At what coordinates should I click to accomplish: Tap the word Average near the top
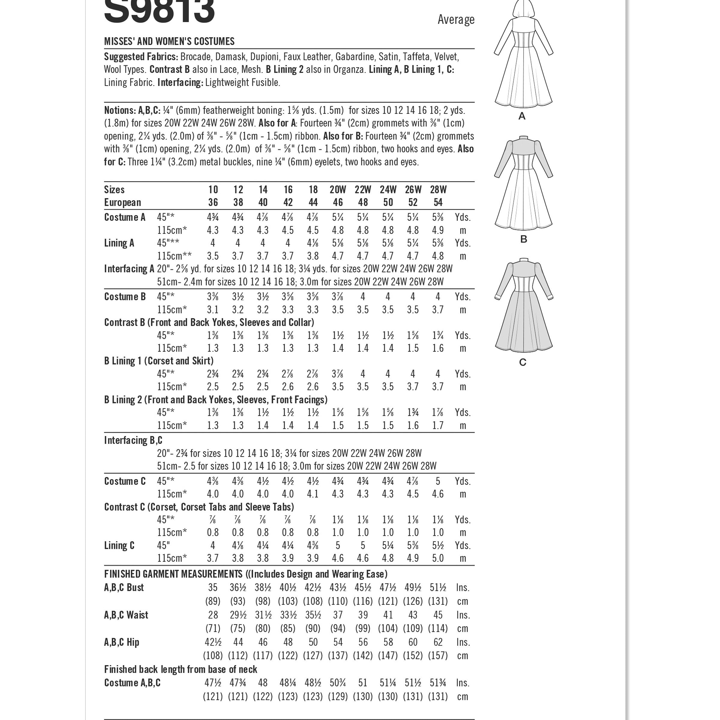click(456, 19)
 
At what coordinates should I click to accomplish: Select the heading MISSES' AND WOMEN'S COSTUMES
click(169, 41)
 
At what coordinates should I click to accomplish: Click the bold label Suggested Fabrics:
click(141, 57)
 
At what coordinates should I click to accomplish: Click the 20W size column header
click(337, 190)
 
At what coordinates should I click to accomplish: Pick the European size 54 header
click(438, 202)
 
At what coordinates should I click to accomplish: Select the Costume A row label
click(124, 217)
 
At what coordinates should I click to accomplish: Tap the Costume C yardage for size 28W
click(438, 481)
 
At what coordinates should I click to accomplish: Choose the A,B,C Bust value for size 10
click(213, 588)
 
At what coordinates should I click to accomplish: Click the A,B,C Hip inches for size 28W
click(438, 642)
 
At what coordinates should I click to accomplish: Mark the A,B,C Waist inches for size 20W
click(337, 615)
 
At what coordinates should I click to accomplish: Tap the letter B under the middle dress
click(523, 239)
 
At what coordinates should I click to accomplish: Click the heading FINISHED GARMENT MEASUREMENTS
click(173, 574)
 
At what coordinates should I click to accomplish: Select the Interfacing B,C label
click(133, 440)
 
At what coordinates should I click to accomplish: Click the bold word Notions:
click(120, 110)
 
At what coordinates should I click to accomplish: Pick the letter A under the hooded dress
click(522, 116)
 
